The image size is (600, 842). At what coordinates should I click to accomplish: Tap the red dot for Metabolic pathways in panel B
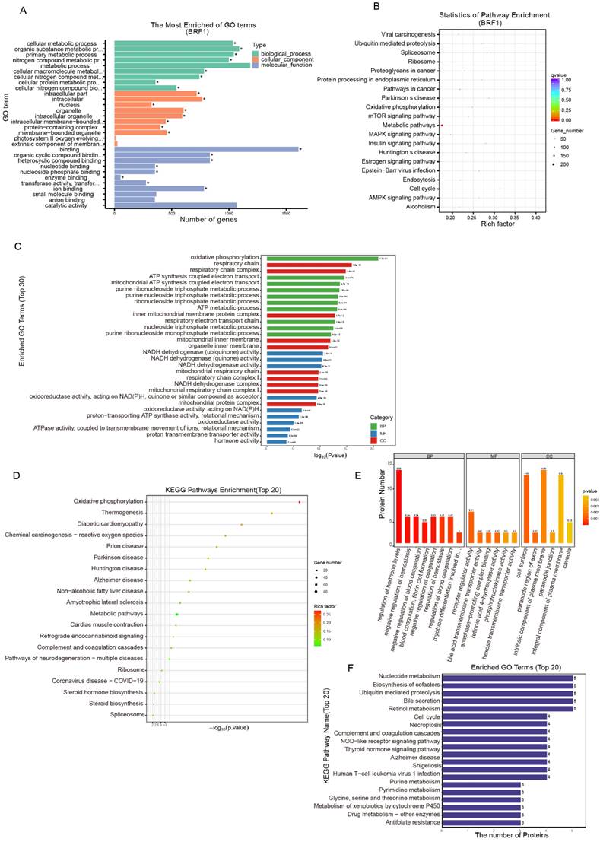(x=442, y=125)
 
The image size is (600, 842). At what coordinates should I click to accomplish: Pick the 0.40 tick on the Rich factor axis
(x=535, y=218)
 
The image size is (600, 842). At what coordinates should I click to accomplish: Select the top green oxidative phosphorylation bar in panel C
(x=320, y=258)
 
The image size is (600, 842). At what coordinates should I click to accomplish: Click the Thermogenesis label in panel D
(x=121, y=513)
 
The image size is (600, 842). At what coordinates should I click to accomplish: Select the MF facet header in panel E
(x=492, y=455)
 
